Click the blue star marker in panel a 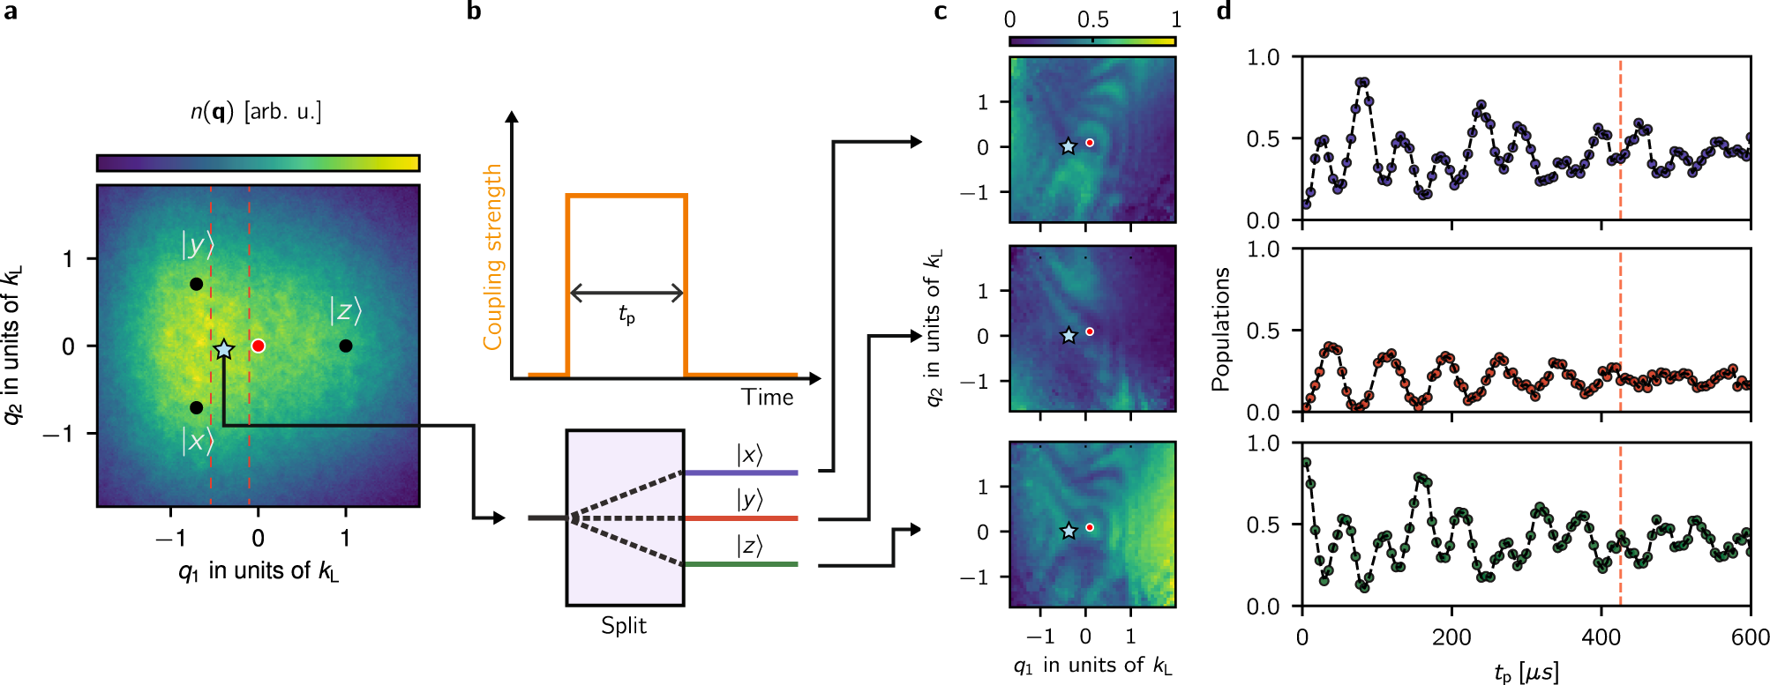click(223, 349)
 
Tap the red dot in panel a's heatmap click(258, 346)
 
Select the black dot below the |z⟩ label click(346, 346)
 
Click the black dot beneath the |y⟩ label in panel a click(196, 284)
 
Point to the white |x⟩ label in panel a click(197, 440)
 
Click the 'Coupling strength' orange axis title click(492, 257)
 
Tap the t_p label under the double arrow click(626, 315)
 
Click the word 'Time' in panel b click(767, 398)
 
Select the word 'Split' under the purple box click(624, 626)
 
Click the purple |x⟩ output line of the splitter click(741, 473)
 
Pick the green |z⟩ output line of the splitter click(741, 564)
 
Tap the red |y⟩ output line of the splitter click(741, 518)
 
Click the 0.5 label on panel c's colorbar click(1092, 19)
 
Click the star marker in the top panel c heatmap click(1068, 146)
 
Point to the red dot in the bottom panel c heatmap click(1090, 527)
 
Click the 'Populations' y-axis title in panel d click(1220, 329)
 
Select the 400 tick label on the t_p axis click(1601, 637)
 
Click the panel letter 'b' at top click(474, 11)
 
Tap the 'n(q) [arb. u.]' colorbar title click(257, 112)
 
